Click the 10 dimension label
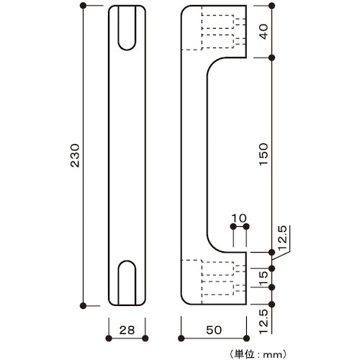click(x=240, y=216)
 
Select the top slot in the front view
click(x=127, y=30)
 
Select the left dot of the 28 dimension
click(x=109, y=338)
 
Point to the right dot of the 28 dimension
click(x=145, y=338)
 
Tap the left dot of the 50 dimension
click(x=180, y=338)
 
